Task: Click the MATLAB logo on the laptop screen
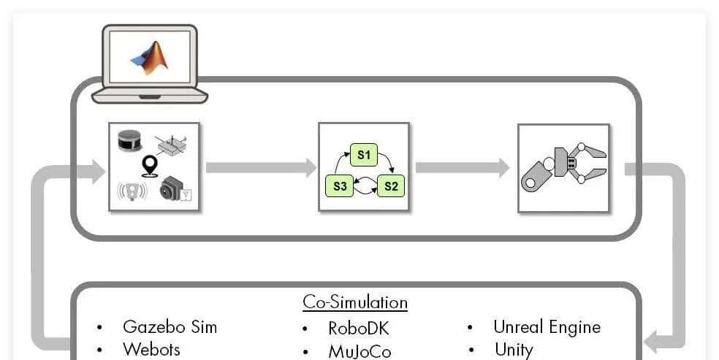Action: (149, 58)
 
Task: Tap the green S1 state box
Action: (364, 155)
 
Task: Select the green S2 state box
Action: (391, 185)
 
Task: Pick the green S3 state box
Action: (339, 185)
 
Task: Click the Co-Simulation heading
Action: (355, 302)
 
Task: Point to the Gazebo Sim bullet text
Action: (170, 326)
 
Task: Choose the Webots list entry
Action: (151, 349)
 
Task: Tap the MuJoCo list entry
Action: (359, 351)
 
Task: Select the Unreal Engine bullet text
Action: (547, 326)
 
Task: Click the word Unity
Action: (514, 349)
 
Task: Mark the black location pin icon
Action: (151, 166)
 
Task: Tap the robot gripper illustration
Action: (563, 168)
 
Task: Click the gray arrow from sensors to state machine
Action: (260, 168)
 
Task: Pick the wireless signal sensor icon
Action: (132, 191)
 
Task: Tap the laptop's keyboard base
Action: (150, 96)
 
